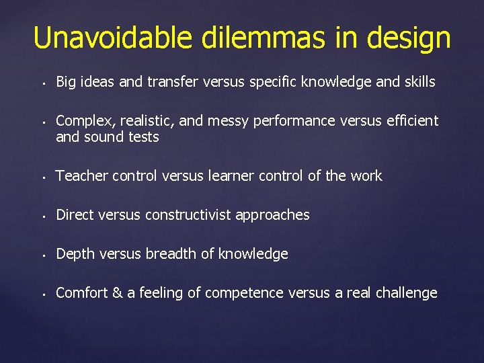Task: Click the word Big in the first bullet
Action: (66, 82)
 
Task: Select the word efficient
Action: (409, 121)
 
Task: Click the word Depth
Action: (73, 254)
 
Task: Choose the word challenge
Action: (407, 293)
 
